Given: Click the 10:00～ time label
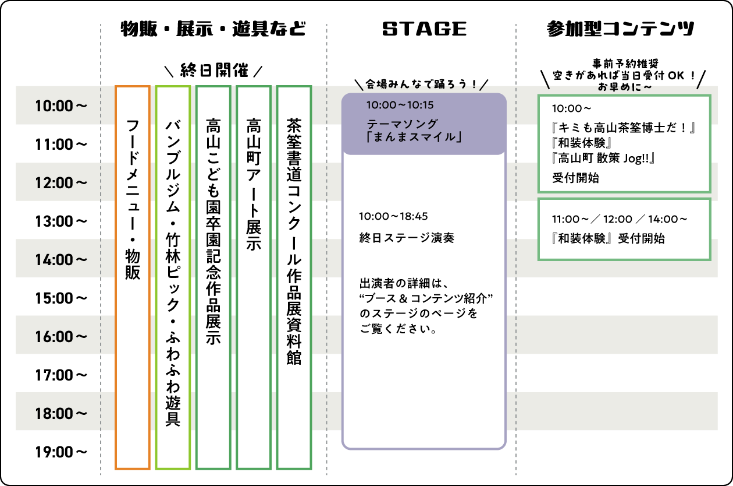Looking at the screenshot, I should point(61,106).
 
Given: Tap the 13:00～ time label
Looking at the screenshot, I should point(61,221).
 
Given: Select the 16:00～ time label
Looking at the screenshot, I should point(61,337).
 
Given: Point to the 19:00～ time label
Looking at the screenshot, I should point(61,452).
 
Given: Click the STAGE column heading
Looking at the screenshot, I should point(425,29).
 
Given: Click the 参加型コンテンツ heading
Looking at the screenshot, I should point(621,29).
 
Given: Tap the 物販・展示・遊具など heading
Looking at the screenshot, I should point(213,29).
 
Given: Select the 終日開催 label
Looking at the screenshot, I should point(214,71).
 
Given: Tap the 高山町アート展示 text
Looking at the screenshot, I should point(254,184).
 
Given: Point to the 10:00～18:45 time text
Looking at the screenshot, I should point(393,216).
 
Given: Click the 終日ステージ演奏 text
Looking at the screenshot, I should point(407,238).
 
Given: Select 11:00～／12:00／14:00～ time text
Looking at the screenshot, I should point(620,219).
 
